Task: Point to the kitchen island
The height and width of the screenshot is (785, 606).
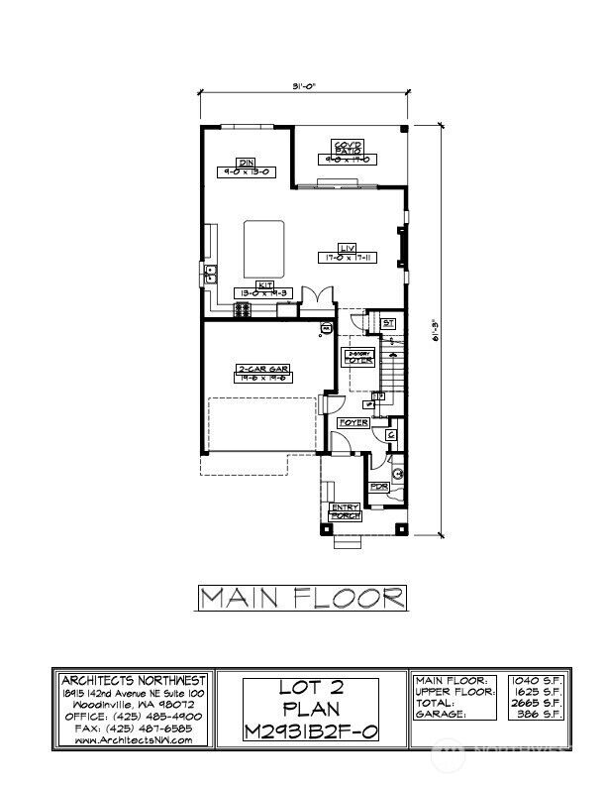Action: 265,249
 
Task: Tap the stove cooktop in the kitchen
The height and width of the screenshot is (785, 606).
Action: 242,311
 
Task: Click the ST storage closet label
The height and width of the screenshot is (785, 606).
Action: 387,322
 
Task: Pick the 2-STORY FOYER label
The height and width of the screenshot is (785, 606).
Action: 357,357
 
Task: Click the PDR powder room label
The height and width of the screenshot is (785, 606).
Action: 377,487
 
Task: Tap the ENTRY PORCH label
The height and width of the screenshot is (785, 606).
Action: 345,511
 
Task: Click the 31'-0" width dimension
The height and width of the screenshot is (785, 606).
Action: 304,87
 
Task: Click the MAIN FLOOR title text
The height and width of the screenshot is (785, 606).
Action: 303,597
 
